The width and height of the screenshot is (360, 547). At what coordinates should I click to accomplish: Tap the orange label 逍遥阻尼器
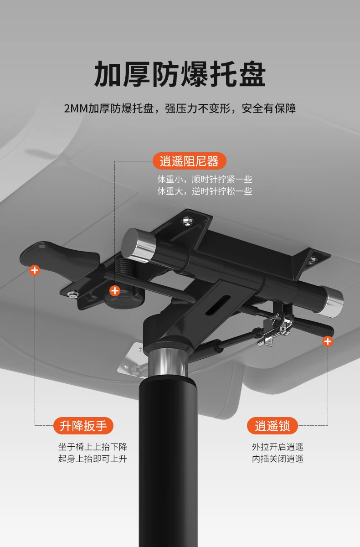coord(189,161)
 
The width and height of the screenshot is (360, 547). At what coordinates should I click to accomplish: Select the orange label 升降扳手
coord(83,426)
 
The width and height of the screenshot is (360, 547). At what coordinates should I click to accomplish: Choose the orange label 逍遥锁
coord(273,426)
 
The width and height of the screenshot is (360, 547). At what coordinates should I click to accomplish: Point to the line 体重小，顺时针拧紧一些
coord(205,180)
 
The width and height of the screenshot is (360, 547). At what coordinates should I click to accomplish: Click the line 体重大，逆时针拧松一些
coord(205,191)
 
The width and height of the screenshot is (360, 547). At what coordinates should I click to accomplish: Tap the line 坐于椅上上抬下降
coord(93,447)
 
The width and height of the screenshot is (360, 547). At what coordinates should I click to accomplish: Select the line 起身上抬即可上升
coord(93,459)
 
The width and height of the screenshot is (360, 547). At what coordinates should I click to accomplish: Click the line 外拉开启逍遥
coord(278,447)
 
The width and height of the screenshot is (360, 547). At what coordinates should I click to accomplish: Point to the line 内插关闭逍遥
coord(278,459)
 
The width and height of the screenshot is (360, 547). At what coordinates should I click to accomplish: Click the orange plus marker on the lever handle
coord(35,270)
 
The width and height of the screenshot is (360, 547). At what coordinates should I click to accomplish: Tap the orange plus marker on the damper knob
coord(115,290)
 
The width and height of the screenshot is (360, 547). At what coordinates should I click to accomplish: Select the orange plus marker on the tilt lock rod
coord(327,341)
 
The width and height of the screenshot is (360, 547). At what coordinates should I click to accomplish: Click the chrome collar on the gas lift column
coord(167,361)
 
